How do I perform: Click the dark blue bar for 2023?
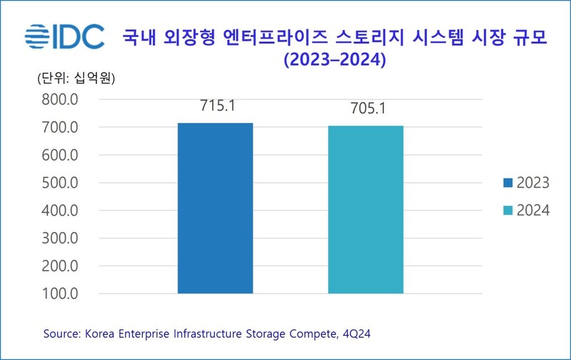pos(215,208)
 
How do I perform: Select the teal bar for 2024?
pos(365,209)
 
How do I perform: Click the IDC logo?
pos(64,37)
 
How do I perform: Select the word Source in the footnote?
pos(61,333)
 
